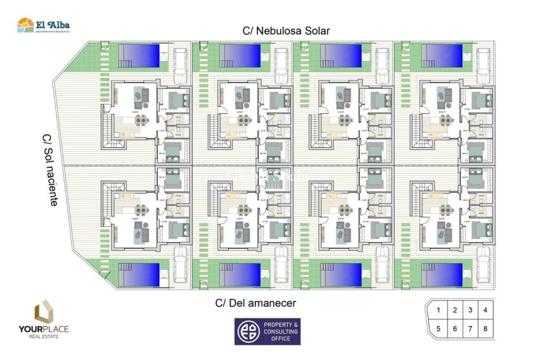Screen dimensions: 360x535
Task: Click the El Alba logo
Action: (x=43, y=25)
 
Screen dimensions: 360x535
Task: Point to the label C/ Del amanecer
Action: (x=256, y=303)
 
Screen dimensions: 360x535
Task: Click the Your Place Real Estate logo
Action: (x=43, y=320)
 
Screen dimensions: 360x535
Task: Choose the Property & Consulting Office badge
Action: (x=267, y=331)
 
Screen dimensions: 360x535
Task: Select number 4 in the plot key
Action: (x=485, y=310)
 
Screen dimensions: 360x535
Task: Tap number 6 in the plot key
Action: (x=454, y=328)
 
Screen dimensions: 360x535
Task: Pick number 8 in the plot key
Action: (x=485, y=328)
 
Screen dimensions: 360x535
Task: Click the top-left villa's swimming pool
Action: (x=140, y=55)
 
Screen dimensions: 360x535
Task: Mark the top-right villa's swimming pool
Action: (x=442, y=55)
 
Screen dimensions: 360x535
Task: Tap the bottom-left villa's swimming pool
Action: (x=140, y=274)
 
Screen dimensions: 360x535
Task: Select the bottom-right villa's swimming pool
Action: (x=442, y=274)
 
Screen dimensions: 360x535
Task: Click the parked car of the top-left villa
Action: (x=181, y=64)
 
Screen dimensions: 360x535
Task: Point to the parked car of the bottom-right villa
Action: (x=483, y=265)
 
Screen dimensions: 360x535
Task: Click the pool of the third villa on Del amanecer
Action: (x=341, y=274)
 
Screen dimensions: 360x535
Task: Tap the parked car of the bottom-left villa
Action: (x=181, y=265)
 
